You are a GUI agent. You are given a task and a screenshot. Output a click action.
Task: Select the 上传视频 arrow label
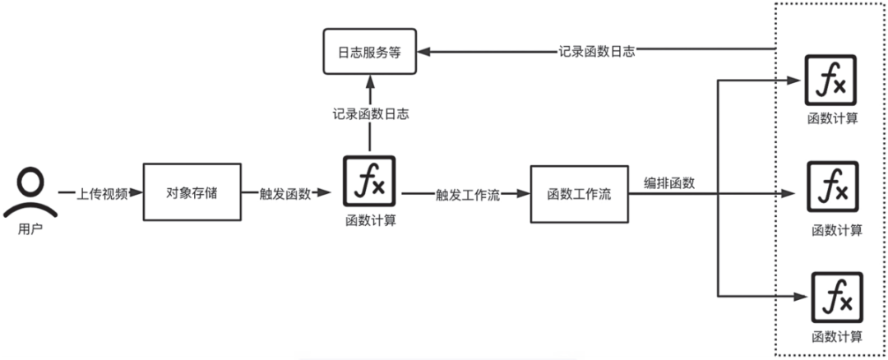pos(102,194)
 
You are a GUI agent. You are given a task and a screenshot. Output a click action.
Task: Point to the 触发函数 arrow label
pos(284,194)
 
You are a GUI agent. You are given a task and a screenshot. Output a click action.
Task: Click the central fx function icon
pos(369,182)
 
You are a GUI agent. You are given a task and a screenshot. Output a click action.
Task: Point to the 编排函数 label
pos(669,182)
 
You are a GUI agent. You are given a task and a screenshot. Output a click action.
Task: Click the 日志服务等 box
pos(369,51)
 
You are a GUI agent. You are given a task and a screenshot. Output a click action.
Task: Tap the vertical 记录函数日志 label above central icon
pos(369,114)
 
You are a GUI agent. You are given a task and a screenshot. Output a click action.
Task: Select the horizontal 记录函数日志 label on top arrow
pos(597,50)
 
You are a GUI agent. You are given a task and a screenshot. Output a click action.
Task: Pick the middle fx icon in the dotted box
pos(833,186)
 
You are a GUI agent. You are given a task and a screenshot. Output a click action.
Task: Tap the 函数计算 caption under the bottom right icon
pos(836,335)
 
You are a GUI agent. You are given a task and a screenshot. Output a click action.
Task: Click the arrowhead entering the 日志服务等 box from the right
pos(426,51)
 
